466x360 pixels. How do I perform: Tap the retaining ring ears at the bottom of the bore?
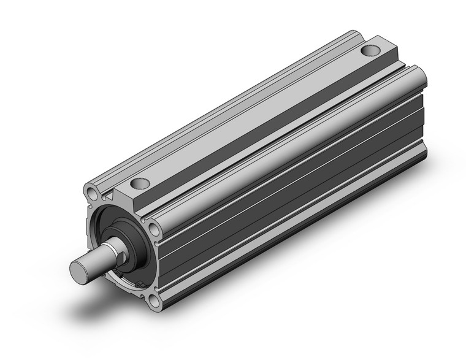141,284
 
